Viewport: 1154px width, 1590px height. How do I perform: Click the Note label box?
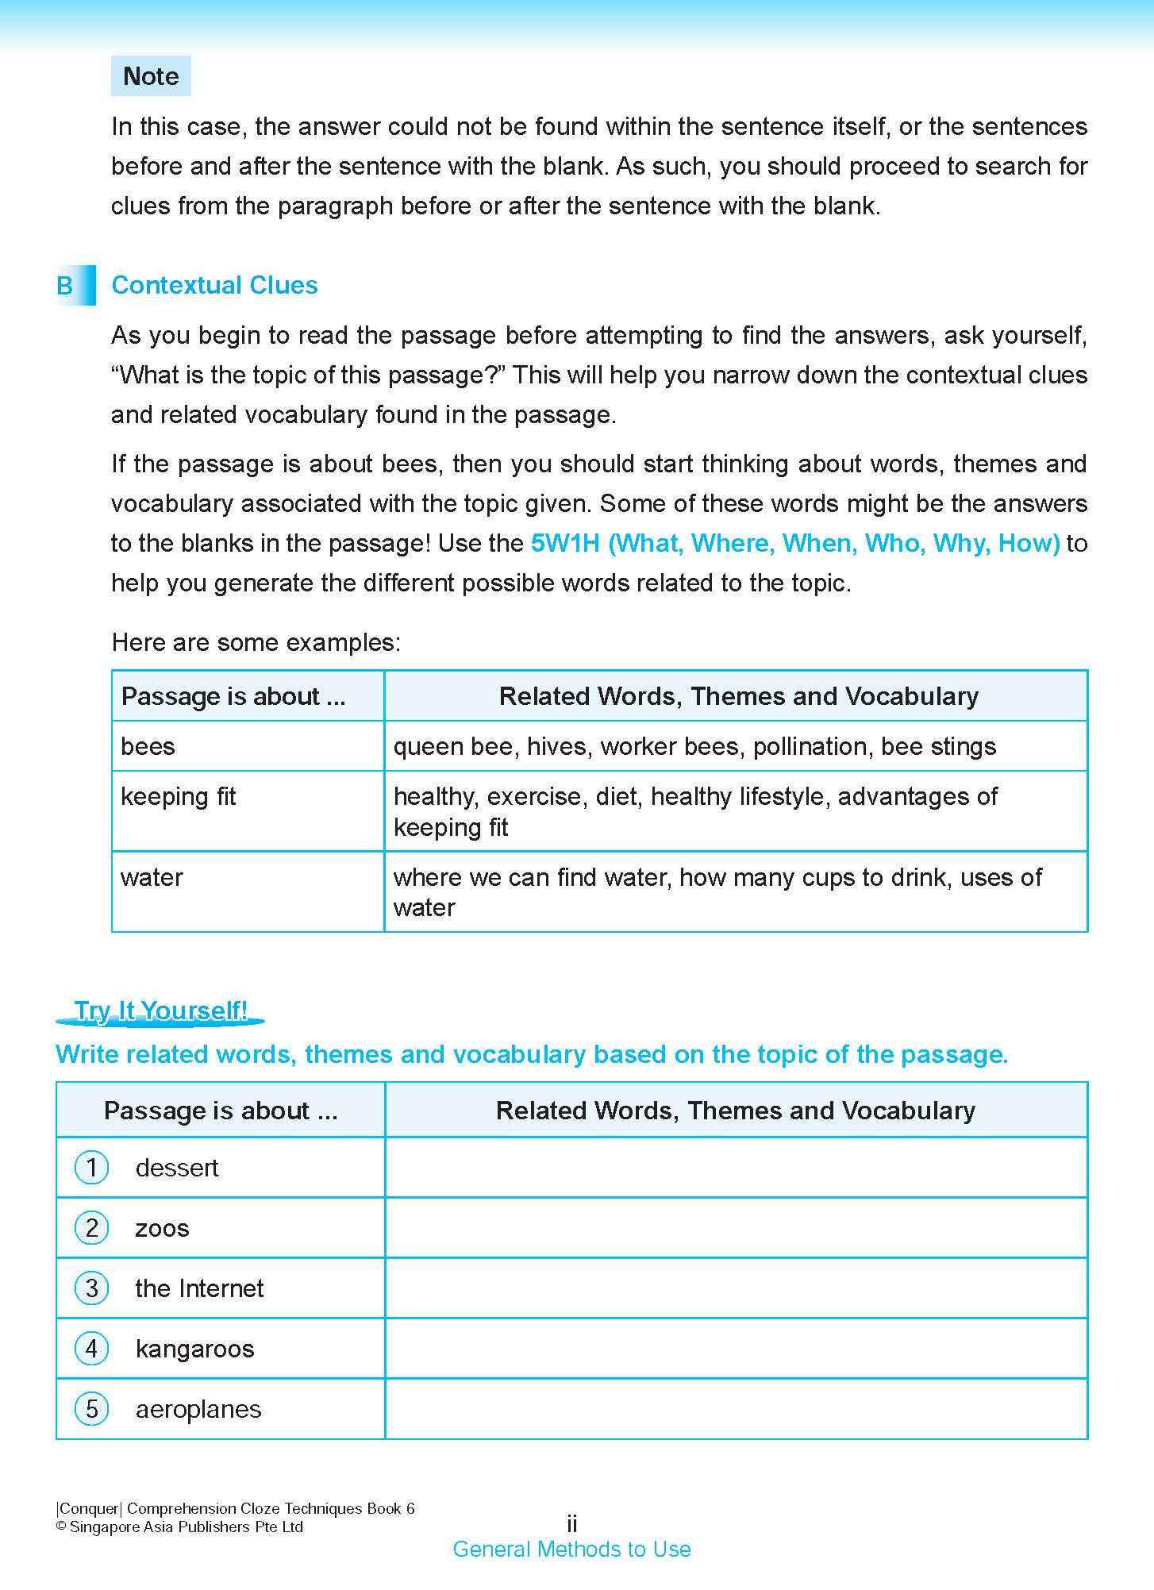(151, 76)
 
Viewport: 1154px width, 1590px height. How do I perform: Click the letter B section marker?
(66, 286)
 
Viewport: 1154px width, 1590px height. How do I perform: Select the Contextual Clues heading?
(214, 285)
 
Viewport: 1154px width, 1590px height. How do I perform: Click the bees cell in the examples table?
(148, 746)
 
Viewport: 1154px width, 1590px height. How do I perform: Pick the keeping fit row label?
(179, 796)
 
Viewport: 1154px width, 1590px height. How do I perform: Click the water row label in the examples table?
(152, 877)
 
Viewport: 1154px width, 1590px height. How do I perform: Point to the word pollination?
(811, 746)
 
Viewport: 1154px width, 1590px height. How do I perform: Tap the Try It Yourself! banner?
(160, 1011)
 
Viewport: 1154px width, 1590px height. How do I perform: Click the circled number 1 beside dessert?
(91, 1168)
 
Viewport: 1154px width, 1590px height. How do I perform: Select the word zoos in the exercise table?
(162, 1228)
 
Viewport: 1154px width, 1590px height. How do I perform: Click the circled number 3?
(91, 1288)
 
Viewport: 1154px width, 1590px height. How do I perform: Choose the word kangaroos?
(194, 1349)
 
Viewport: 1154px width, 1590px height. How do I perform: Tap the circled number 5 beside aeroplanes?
(91, 1409)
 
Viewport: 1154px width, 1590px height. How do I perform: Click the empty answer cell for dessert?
(736, 1168)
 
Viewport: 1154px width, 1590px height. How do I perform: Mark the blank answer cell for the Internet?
(736, 1288)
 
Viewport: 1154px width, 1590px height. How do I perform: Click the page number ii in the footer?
(571, 1523)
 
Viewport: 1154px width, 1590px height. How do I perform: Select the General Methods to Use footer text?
(571, 1549)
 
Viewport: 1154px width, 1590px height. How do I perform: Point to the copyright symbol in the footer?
(61, 1527)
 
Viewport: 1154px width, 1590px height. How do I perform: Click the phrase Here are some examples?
(256, 642)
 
